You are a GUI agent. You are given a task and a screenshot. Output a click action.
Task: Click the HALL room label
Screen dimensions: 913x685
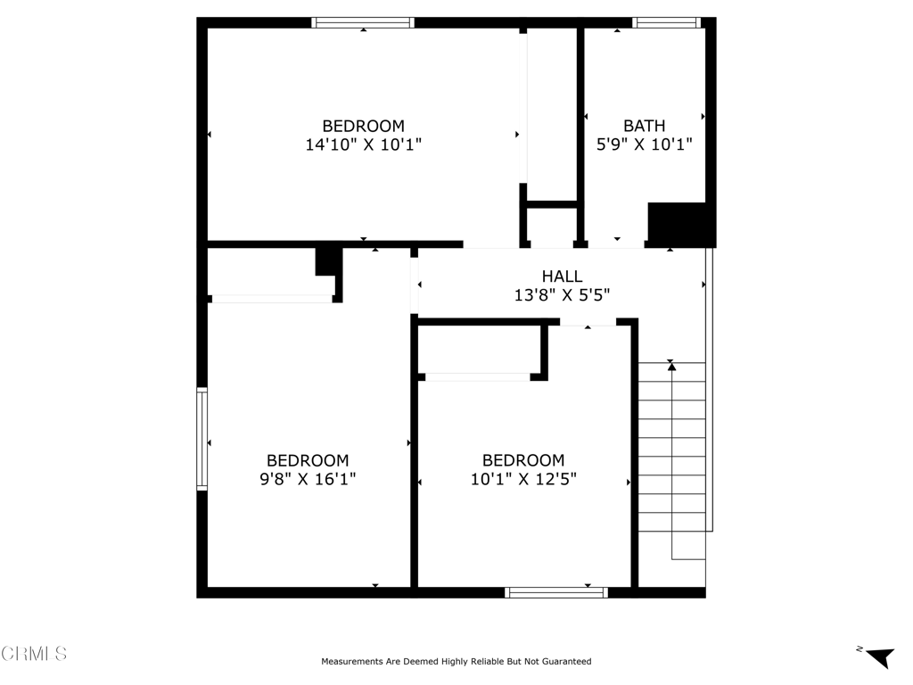tap(562, 276)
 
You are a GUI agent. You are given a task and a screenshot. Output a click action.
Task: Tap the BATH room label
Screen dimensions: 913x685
tap(644, 126)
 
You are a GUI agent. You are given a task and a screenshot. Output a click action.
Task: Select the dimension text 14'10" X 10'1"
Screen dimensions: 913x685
tap(364, 144)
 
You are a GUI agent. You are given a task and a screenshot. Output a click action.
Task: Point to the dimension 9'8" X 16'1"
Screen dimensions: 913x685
tap(308, 479)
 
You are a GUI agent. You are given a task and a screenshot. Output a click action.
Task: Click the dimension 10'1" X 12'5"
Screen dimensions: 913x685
tap(523, 479)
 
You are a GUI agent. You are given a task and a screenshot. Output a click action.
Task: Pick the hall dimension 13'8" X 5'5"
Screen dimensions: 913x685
tap(562, 294)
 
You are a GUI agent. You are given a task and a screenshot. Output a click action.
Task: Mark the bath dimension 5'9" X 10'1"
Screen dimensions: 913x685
tap(644, 144)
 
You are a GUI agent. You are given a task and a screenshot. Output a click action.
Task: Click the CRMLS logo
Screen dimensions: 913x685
tap(34, 653)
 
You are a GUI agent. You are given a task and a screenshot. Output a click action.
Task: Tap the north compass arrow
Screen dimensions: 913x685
tap(879, 656)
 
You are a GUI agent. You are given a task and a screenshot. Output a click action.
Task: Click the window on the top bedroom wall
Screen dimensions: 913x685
tap(363, 22)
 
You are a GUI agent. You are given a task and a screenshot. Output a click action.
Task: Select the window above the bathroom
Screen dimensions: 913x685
tap(666, 22)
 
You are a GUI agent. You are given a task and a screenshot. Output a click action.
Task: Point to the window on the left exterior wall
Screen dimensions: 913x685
tap(202, 439)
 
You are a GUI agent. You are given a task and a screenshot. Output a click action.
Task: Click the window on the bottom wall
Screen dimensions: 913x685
tap(556, 592)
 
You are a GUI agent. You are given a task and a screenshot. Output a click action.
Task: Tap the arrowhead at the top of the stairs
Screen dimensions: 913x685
tap(671, 367)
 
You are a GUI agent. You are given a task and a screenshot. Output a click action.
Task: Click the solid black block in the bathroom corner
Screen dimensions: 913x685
tap(681, 225)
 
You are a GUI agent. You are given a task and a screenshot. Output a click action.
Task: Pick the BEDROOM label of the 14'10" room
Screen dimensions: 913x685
tap(364, 126)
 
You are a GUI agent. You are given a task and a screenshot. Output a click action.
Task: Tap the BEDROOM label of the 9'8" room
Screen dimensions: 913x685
tap(308, 460)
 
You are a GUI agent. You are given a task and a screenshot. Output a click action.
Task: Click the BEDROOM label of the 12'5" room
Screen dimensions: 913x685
tap(523, 460)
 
